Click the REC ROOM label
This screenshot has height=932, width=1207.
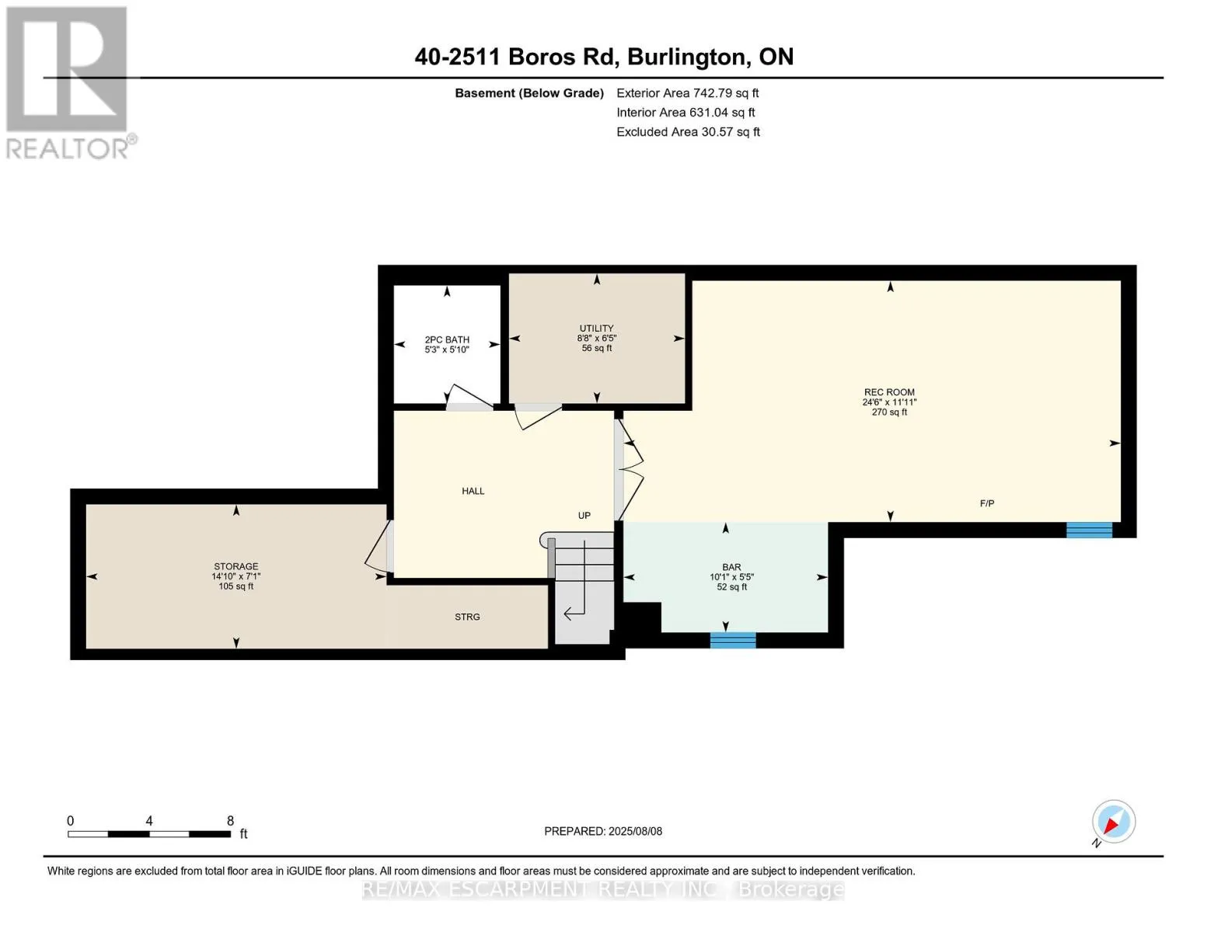888,392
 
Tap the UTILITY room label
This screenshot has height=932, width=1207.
597,328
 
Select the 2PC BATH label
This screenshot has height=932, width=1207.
447,339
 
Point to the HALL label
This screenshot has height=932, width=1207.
473,491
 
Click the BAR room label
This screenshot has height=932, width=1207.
731,567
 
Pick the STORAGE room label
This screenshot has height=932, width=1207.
236,566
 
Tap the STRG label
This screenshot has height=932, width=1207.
467,617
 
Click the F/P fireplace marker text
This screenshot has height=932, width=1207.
987,503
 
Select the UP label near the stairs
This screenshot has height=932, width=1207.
584,515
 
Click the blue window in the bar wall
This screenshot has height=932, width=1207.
733,640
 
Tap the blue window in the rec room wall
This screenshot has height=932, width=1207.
1089,530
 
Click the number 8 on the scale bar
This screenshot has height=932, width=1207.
230,820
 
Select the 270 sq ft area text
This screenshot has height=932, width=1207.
889,412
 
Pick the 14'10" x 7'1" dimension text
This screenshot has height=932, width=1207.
236,576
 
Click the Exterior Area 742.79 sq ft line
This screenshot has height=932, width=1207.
687,93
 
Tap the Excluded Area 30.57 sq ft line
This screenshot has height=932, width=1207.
688,132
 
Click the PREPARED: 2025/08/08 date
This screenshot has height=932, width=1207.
603,831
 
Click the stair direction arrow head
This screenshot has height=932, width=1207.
567,614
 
